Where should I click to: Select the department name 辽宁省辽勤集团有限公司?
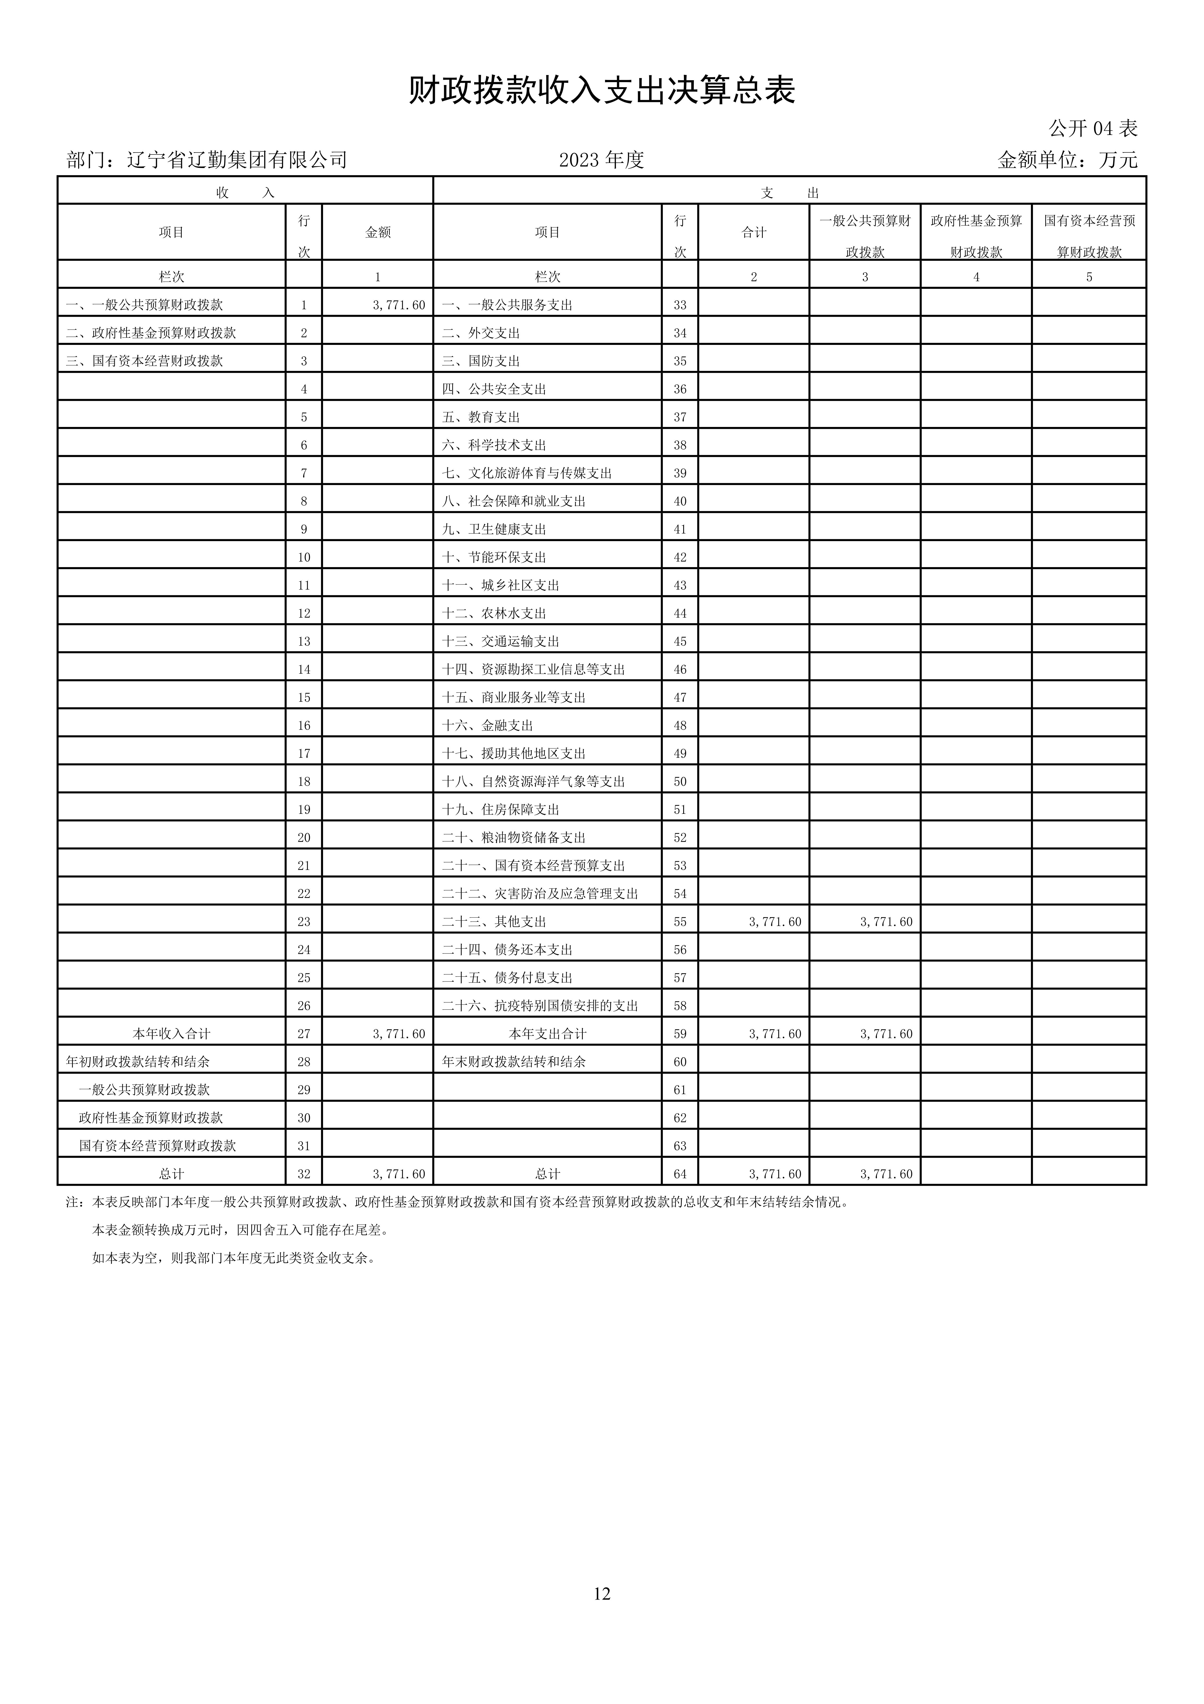point(237,160)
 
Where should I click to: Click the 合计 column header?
point(754,232)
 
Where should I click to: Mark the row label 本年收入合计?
point(171,1034)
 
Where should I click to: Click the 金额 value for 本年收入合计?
point(399,1034)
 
